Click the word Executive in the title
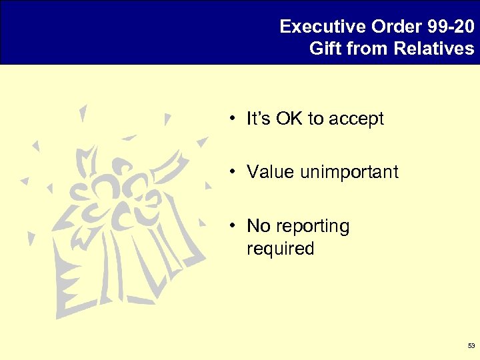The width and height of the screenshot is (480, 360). coord(313,27)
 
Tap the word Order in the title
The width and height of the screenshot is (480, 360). coord(387,27)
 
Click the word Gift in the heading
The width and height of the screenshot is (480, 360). coord(325,49)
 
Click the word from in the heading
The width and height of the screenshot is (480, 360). coord(367,49)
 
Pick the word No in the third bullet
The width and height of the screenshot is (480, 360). coord(258,226)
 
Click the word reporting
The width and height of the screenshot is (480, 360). coord(312,227)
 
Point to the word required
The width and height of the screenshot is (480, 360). coord(280,249)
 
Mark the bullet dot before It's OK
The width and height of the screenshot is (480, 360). coord(229,120)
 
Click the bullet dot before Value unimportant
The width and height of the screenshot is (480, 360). coord(229,173)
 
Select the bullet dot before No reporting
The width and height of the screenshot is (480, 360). coord(229,227)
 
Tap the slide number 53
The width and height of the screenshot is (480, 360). coord(471,346)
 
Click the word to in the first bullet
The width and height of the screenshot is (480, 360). coord(314,119)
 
